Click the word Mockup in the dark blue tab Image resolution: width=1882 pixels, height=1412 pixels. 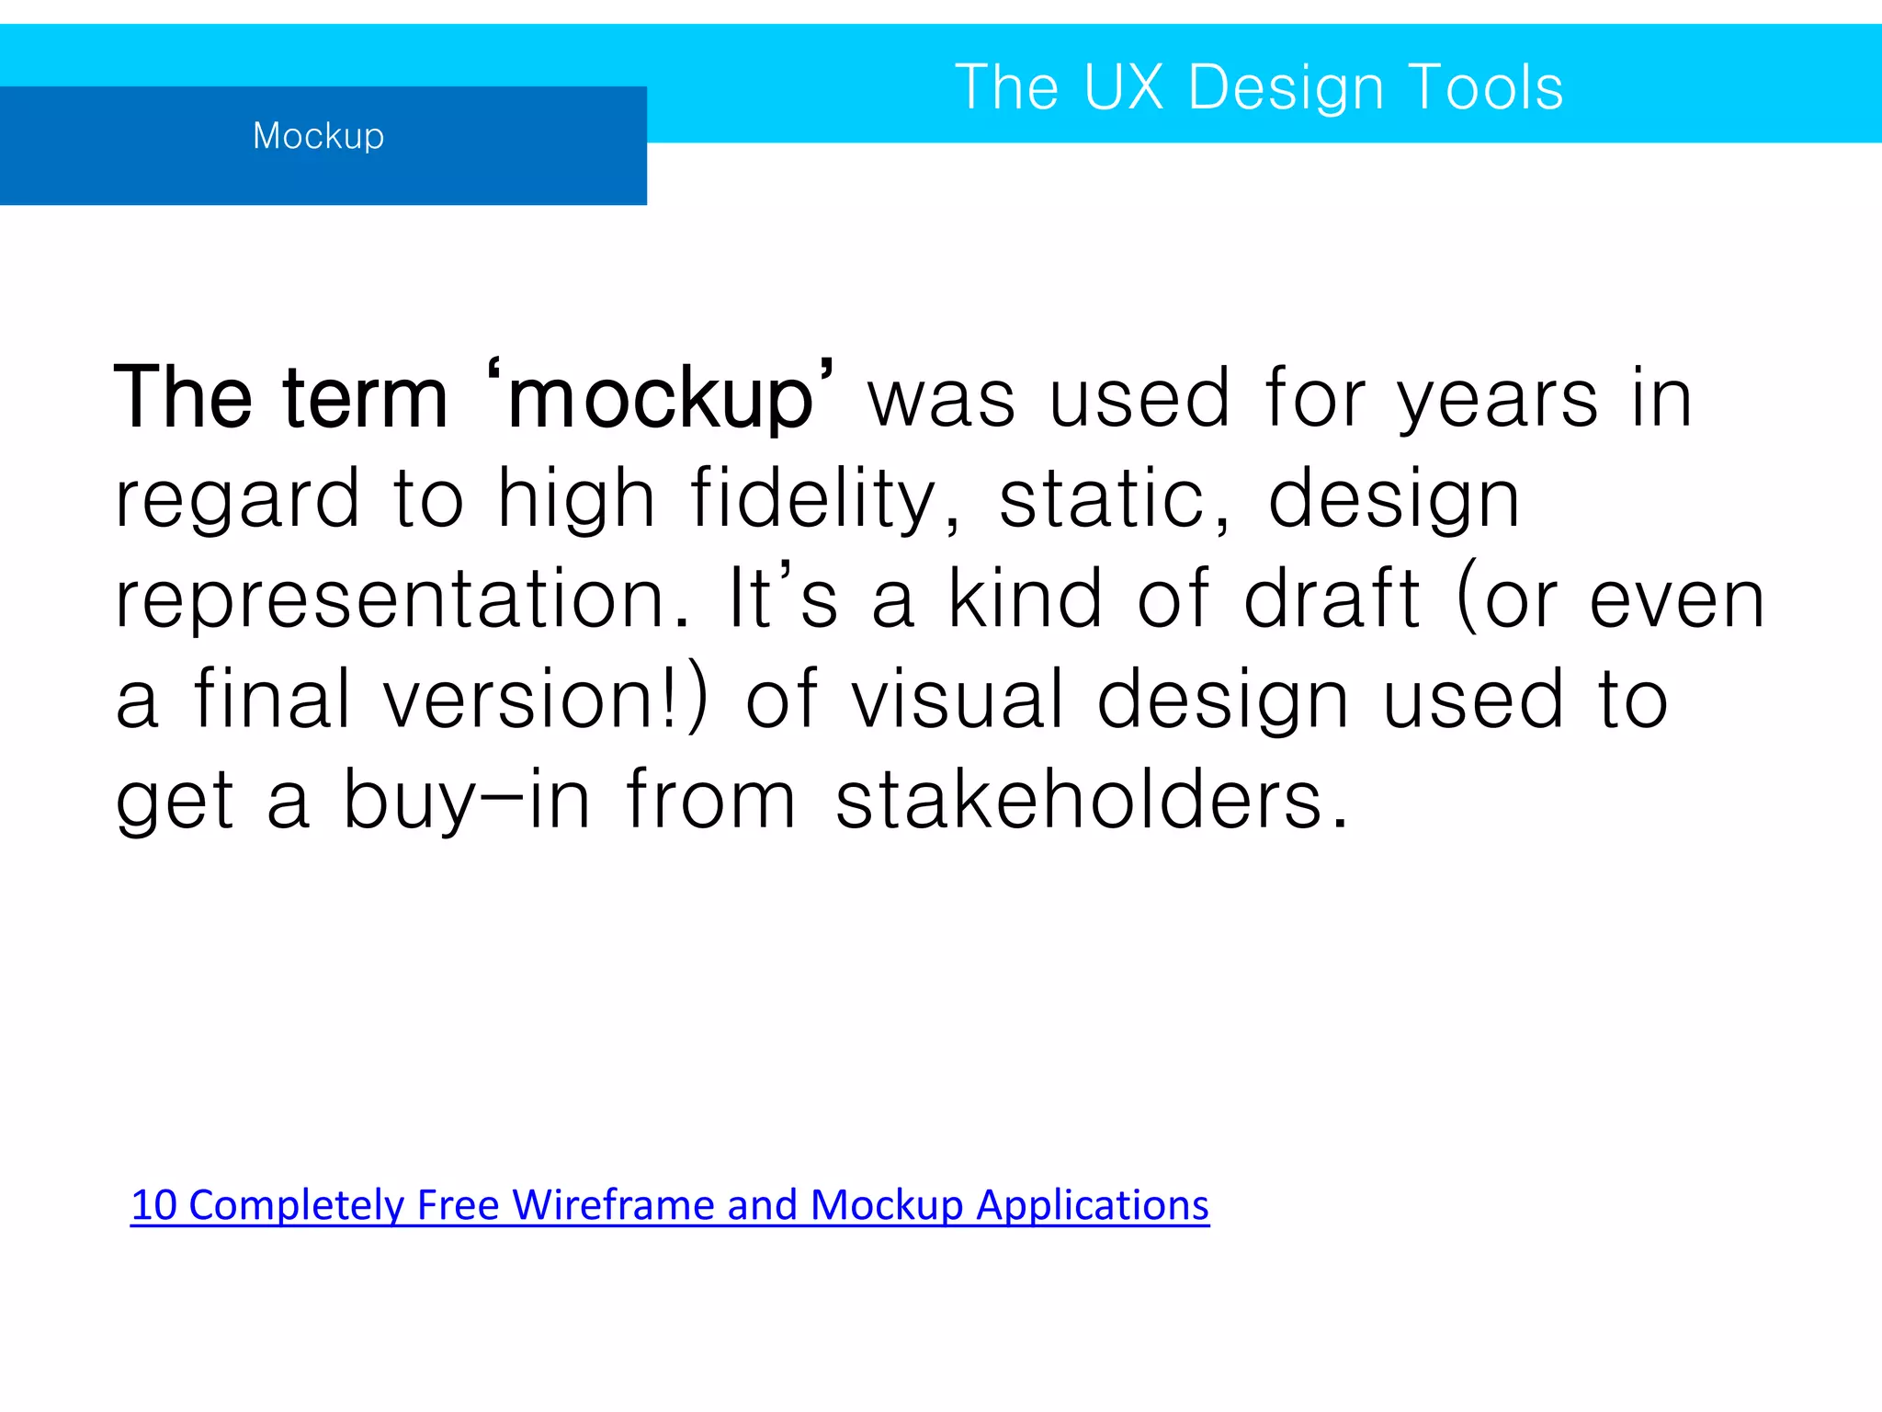pyautogui.click(x=318, y=136)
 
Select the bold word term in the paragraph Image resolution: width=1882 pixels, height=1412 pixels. pyautogui.click(x=365, y=399)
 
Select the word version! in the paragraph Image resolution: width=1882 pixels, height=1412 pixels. pyautogui.click(x=546, y=700)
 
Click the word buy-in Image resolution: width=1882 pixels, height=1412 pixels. pyautogui.click(x=467, y=800)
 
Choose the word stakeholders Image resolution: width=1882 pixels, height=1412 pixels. pyautogui.click(x=1091, y=800)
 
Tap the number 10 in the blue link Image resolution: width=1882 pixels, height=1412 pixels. pyautogui.click(x=153, y=1205)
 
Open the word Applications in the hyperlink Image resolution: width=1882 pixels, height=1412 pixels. pyautogui.click(x=1092, y=1205)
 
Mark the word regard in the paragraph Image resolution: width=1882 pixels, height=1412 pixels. pyautogui.click(x=237, y=499)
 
